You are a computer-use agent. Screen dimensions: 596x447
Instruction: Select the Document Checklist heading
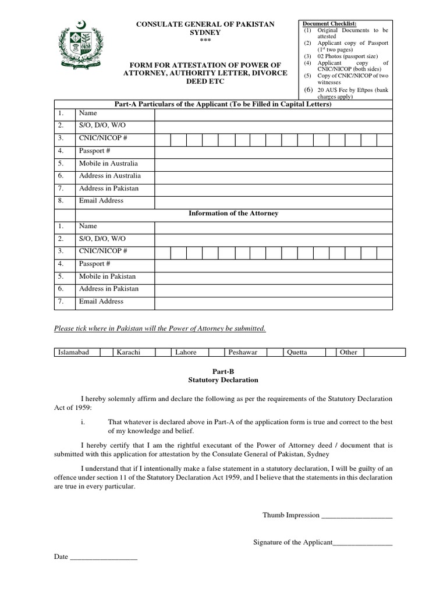tap(330, 23)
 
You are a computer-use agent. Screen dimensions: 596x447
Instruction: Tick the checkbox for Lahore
tap(216, 352)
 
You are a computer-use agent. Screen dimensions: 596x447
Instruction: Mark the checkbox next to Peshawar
tap(275, 352)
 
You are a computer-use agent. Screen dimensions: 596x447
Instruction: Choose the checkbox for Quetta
tap(331, 352)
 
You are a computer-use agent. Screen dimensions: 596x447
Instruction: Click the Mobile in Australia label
tap(108, 164)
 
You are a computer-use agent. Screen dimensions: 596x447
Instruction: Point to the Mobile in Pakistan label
tap(107, 276)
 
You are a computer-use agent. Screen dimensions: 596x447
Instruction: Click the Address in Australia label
tap(109, 176)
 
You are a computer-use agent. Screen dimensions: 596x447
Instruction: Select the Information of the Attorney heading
tap(233, 214)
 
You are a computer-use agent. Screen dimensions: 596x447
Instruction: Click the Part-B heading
tap(223, 370)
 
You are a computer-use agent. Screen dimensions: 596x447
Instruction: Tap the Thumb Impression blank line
tap(357, 516)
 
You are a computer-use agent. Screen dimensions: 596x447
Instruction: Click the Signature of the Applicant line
tap(362, 543)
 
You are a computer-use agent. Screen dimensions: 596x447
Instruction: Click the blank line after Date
tap(103, 558)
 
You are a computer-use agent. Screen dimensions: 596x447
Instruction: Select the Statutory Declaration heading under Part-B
tap(223, 380)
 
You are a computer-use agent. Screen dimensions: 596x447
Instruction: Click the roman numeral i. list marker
tap(83, 421)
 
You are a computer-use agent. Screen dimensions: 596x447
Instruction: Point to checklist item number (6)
tap(308, 90)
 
